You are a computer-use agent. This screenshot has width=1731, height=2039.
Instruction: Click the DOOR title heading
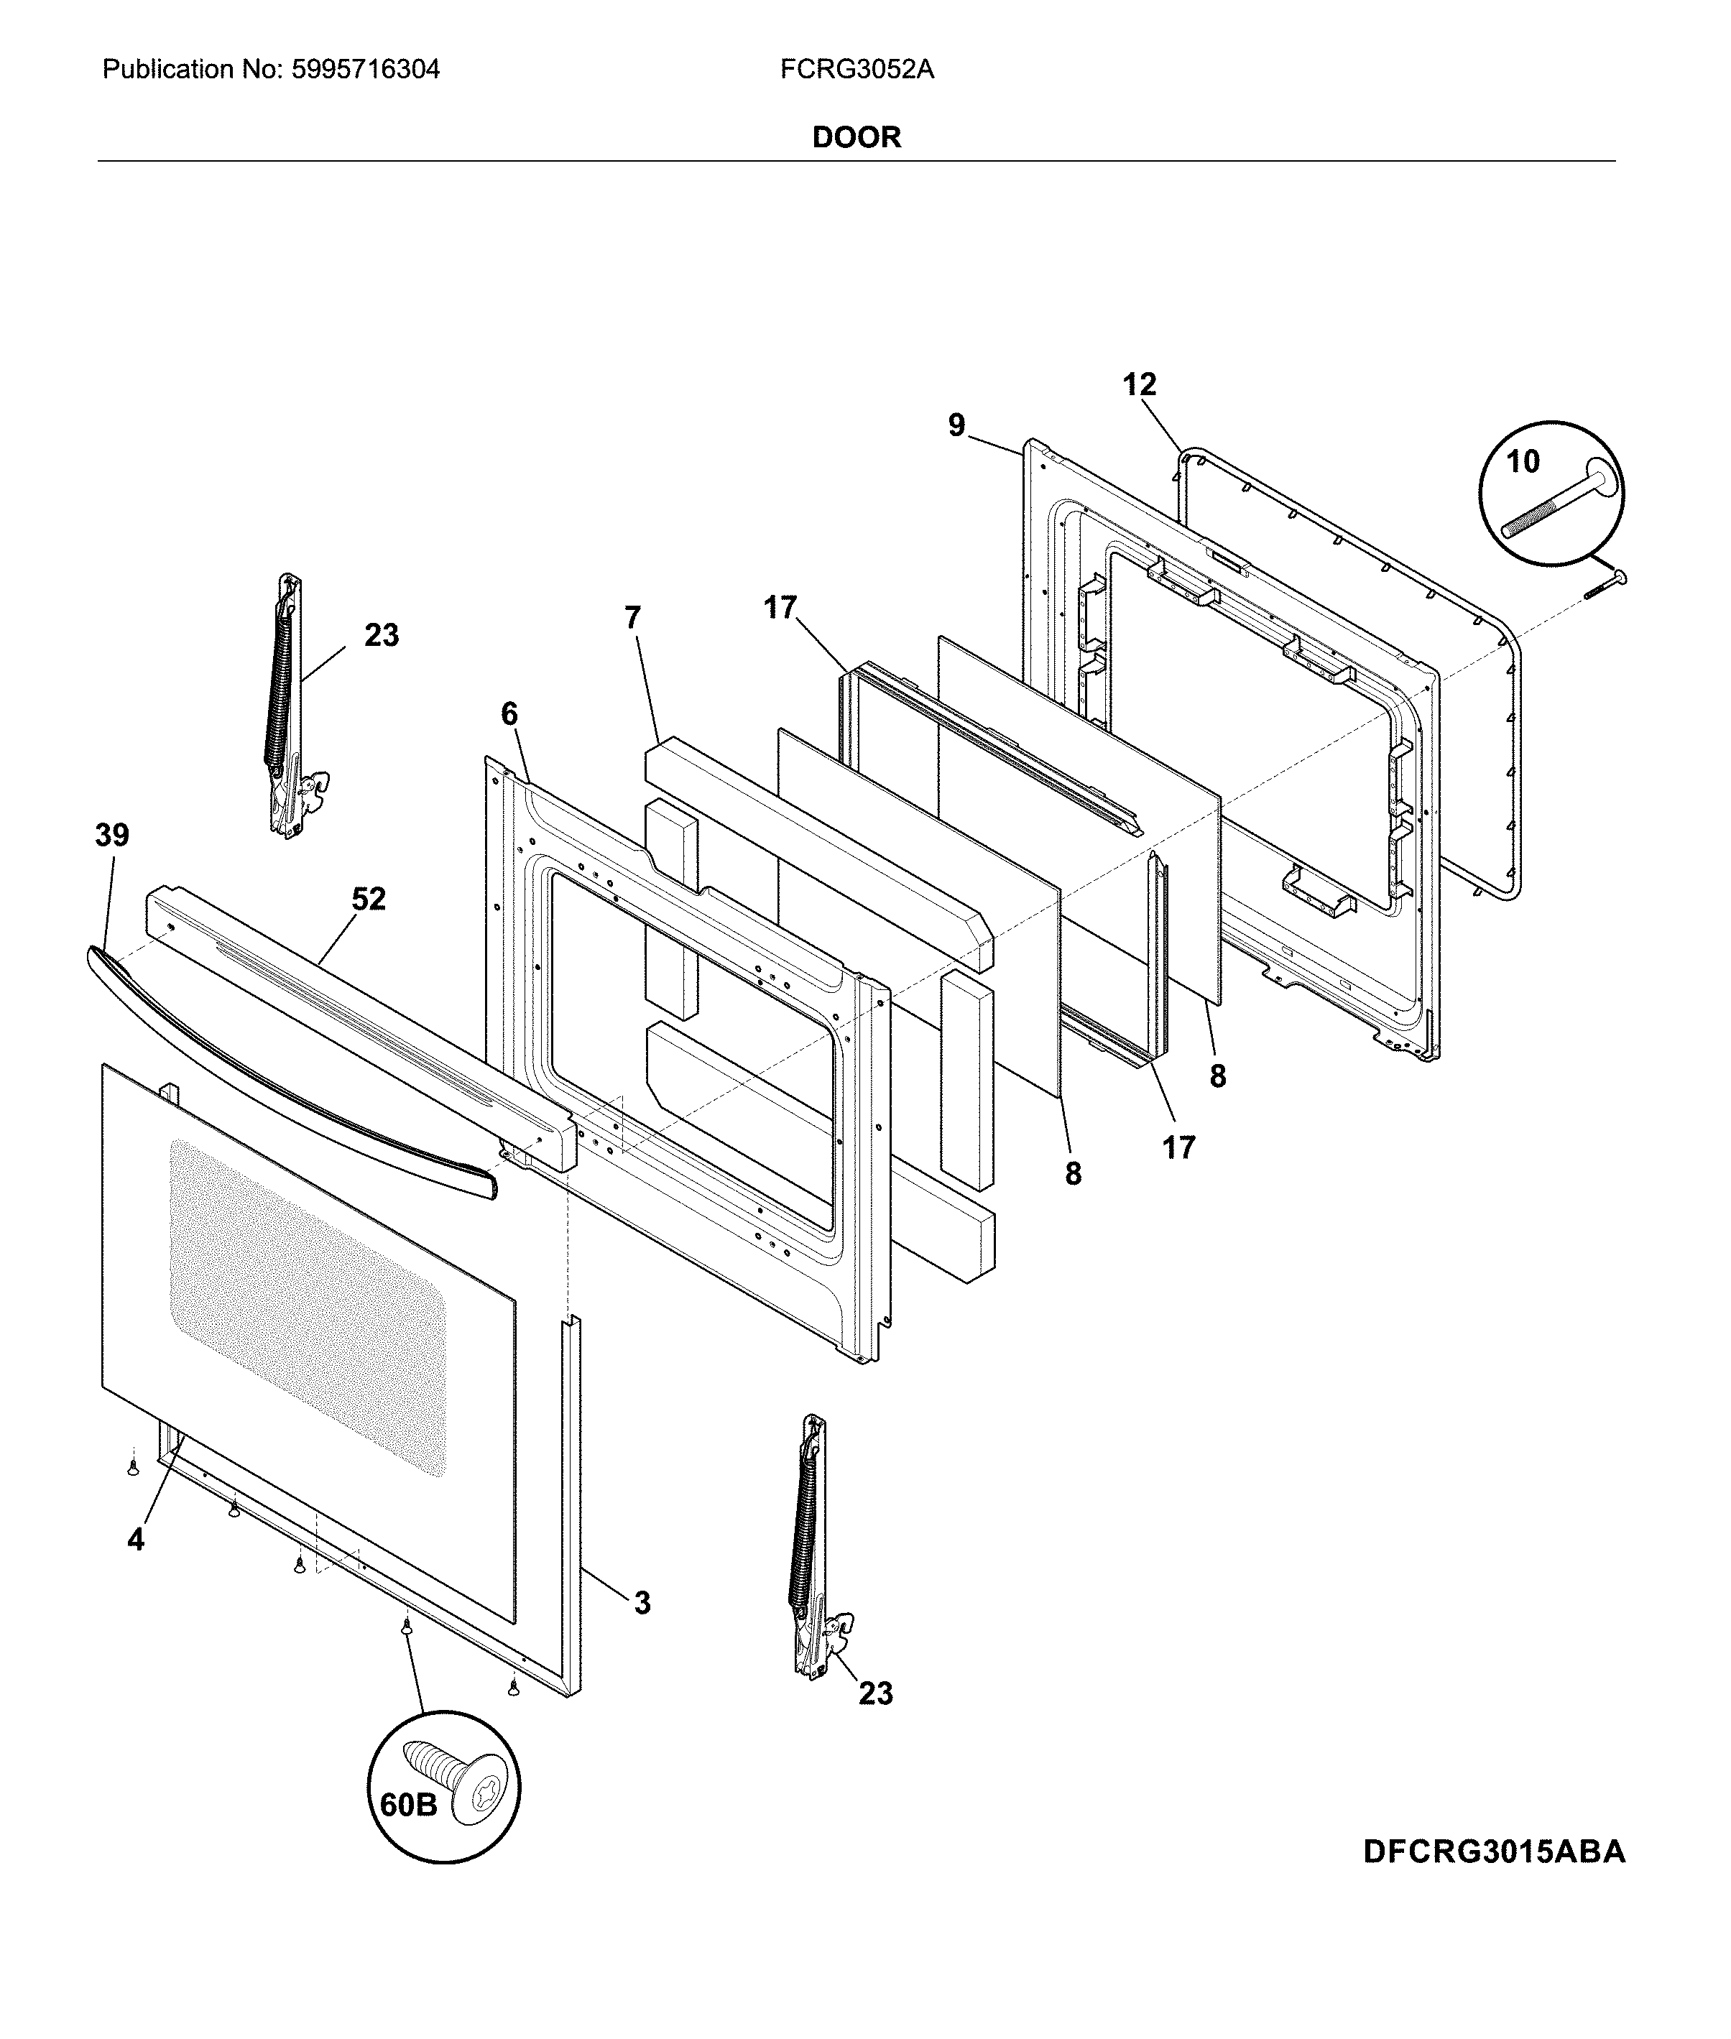(856, 137)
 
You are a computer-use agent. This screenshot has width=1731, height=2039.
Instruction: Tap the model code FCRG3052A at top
(857, 70)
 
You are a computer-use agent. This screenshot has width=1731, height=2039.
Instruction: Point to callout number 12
(1140, 384)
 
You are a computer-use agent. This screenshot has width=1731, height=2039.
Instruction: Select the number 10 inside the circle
(1522, 461)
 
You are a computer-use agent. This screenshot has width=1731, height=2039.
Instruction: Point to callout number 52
(369, 899)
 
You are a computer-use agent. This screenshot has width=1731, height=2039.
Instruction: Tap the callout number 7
(633, 617)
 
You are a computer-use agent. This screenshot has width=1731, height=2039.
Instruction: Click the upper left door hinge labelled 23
(289, 706)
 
